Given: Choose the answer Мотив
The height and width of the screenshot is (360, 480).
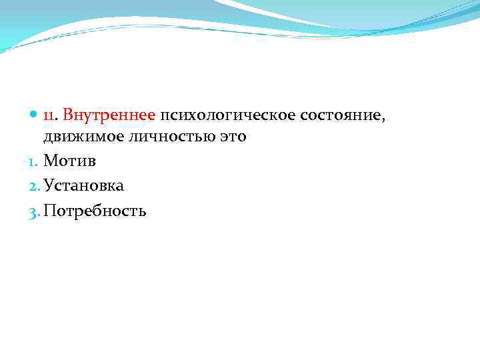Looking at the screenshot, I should [x=69, y=161].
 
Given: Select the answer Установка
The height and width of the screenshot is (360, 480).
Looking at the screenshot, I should [x=83, y=186].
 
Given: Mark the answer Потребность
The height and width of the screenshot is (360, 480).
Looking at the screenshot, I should [x=95, y=211].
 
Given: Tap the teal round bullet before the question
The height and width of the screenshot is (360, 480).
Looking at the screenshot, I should [x=34, y=115].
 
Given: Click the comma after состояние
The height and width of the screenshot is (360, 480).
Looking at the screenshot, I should [x=383, y=119].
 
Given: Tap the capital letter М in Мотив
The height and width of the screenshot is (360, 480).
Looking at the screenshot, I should [x=51, y=161].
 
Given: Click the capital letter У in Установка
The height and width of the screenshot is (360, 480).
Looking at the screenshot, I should [x=49, y=186].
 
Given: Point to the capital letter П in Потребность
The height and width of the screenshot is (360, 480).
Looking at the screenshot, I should [x=49, y=211].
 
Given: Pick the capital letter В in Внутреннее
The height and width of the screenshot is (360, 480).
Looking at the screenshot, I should [x=69, y=115].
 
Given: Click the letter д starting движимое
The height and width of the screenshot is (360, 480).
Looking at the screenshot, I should [x=49, y=138].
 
